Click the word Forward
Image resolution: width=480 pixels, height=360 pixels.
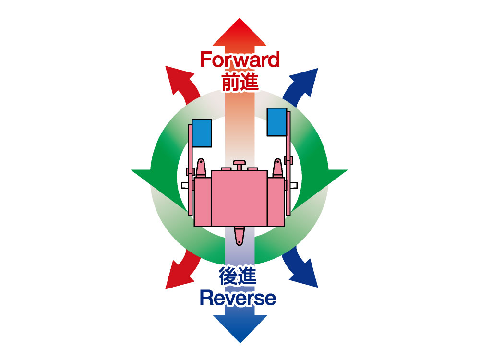point(240,60)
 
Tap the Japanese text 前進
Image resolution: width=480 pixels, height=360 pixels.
point(240,81)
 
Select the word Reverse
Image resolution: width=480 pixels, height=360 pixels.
point(238,298)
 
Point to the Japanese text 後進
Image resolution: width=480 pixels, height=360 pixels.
point(238,277)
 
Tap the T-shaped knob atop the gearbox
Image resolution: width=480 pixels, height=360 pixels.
point(239,165)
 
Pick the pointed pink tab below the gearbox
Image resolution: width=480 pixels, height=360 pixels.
point(239,235)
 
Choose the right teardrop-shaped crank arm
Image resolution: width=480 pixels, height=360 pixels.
point(277,168)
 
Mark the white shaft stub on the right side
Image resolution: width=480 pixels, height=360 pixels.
point(294,185)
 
